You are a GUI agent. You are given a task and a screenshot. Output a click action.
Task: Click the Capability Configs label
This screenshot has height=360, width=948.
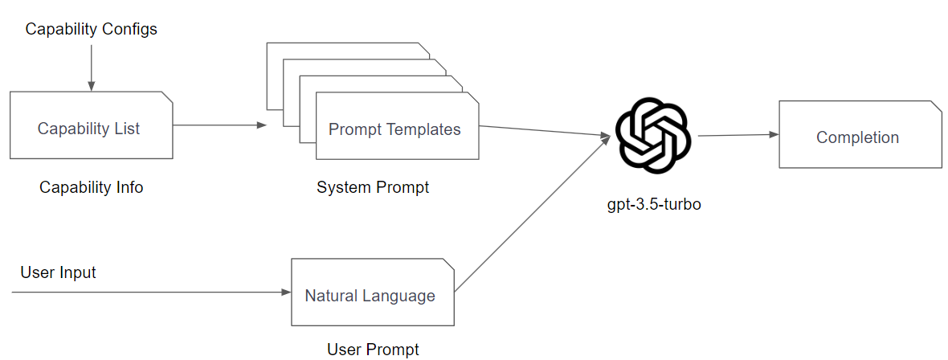[91, 30]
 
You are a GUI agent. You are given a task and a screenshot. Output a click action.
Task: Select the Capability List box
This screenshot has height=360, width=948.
[91, 125]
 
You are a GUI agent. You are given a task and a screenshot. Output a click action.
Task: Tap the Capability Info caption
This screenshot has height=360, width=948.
[91, 187]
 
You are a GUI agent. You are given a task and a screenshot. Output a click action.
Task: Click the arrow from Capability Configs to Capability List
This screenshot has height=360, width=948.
[91, 68]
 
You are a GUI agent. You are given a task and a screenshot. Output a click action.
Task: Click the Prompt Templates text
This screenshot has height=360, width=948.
[394, 129]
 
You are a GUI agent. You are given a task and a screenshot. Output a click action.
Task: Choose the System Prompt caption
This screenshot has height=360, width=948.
[373, 187]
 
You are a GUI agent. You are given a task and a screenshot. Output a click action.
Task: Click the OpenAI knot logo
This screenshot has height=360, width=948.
[652, 135]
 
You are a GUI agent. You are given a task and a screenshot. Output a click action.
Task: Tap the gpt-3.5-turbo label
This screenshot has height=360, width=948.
[654, 204]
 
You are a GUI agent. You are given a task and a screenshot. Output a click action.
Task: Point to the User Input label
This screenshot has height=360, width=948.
[58, 272]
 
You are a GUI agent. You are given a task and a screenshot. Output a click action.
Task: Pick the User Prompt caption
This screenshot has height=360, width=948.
[373, 350]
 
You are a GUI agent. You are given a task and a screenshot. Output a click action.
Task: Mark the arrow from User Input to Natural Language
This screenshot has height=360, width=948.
[153, 292]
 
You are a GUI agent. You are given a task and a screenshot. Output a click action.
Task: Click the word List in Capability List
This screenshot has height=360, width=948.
[127, 129]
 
